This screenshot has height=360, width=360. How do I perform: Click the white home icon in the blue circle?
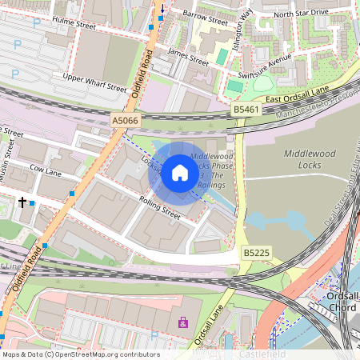tap(180, 172)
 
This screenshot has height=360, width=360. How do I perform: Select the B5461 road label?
tap(246, 107)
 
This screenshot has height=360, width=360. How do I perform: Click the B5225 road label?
tap(255, 253)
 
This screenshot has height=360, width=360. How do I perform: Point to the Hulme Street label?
tap(74, 22)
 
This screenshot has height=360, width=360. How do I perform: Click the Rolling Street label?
tap(160, 206)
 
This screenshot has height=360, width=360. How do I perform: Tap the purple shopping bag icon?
tap(182, 323)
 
